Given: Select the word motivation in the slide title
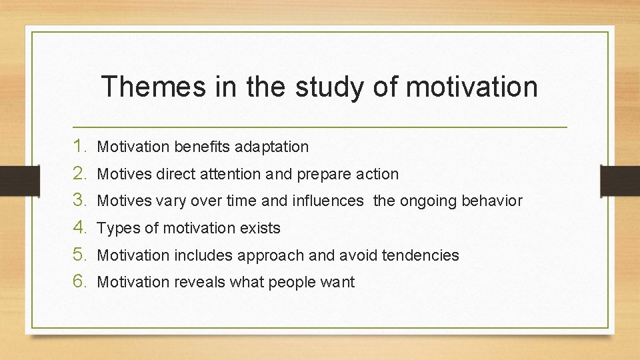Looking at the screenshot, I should click(471, 87).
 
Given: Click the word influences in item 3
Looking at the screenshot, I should click(327, 201).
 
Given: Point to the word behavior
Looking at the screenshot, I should click(495, 201).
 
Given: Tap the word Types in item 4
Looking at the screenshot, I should click(118, 228).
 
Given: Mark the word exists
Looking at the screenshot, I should click(259, 228).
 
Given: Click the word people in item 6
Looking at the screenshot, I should click(285, 283).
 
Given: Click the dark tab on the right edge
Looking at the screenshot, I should click(620, 180).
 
